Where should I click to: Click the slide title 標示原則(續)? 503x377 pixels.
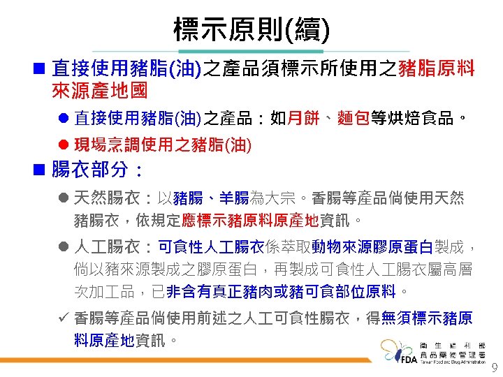[251, 29]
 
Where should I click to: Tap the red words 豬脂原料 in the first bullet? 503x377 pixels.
[436, 68]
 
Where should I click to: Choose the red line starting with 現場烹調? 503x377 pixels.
[162, 145]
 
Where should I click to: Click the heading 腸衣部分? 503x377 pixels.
[98, 171]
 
